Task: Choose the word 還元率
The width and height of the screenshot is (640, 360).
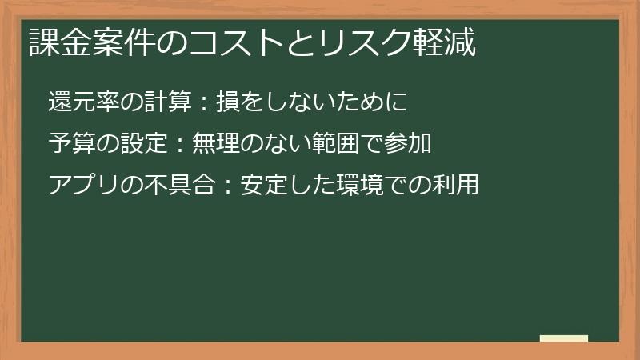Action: coord(82,102)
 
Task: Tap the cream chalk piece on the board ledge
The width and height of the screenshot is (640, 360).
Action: coord(564,338)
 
